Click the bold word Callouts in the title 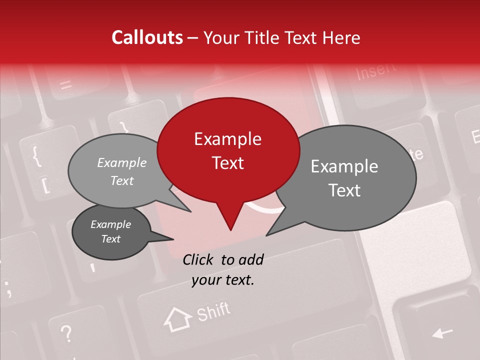click(x=147, y=37)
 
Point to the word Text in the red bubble click(x=227, y=163)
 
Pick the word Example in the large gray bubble click(x=344, y=166)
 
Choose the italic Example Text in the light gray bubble click(x=122, y=171)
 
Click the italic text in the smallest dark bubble click(x=110, y=231)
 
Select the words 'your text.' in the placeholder click(x=223, y=280)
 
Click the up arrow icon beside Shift click(x=178, y=319)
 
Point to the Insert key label click(x=376, y=71)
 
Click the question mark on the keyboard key click(x=66, y=332)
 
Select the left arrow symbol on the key click(x=441, y=332)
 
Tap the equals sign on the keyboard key click(x=65, y=84)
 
